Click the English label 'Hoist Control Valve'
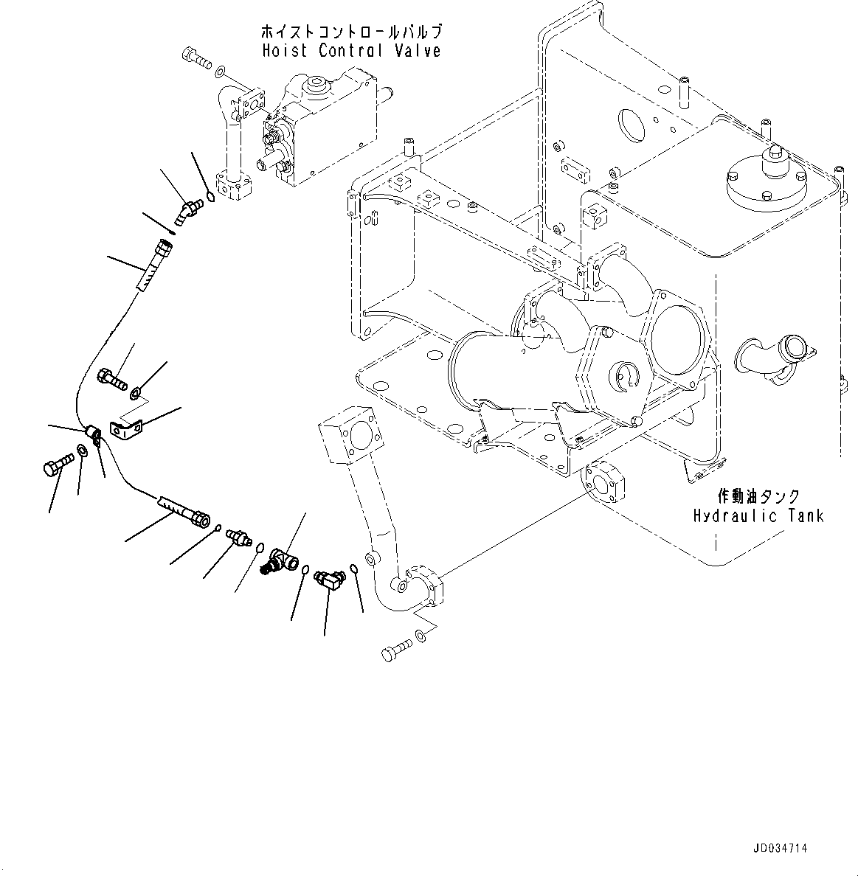pos(351,51)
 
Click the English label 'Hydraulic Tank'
pos(758,515)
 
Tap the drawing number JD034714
pos(781,849)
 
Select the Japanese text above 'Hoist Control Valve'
pos(352,32)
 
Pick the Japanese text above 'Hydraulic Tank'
pos(758,497)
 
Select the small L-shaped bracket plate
pos(125,428)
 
